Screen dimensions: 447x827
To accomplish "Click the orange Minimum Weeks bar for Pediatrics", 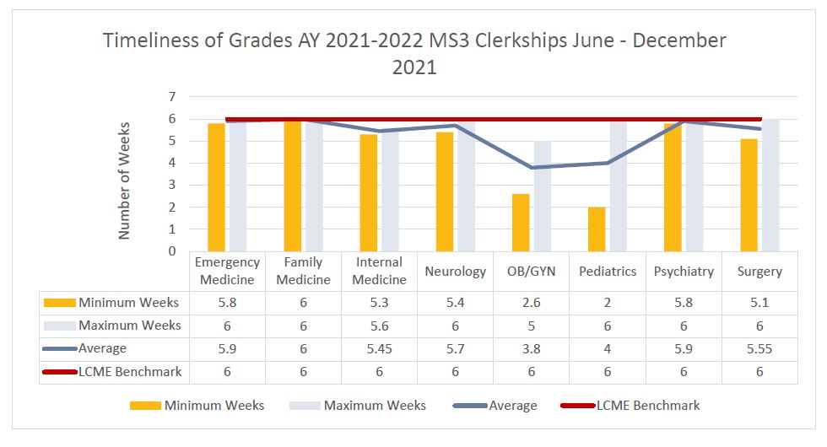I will [597, 229].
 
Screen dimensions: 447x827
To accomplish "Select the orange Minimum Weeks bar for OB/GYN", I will [521, 222].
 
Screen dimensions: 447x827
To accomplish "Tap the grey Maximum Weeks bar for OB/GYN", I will [542, 196].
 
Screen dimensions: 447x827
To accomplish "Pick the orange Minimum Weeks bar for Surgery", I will [749, 195].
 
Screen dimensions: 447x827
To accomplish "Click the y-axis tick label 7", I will [171, 97].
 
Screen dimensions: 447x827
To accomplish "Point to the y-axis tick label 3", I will [171, 185].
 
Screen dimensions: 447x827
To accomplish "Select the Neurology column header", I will [456, 272].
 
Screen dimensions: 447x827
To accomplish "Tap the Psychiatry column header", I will [684, 272].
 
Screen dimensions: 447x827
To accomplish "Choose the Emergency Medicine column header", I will [227, 271].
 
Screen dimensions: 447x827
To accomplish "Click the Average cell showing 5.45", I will [379, 348].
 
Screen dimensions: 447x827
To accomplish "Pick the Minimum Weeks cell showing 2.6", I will [532, 303].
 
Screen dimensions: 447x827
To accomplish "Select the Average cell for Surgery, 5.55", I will [759, 348].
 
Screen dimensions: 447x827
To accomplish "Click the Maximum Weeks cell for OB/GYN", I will [532, 326].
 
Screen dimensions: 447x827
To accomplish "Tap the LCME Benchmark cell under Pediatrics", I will [608, 371].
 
